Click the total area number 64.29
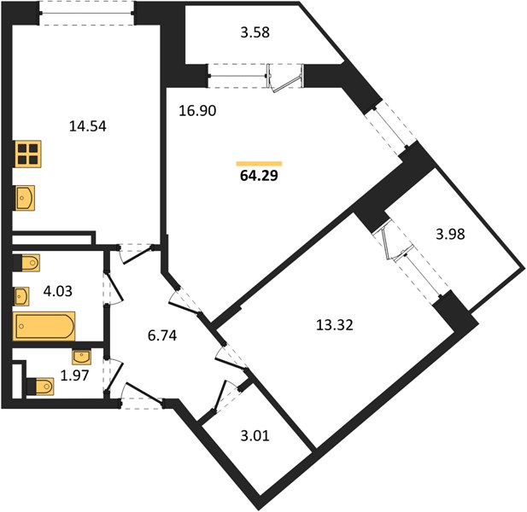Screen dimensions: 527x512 coord(259,176)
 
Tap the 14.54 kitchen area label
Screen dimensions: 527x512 coord(88,126)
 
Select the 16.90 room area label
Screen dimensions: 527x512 coord(197,111)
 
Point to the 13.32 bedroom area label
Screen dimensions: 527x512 coord(335,325)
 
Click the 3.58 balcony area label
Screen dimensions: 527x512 coord(255,33)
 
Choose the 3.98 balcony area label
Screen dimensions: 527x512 coord(450,234)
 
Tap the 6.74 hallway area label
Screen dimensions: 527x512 coord(162,335)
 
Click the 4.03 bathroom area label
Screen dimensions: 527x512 coord(58,291)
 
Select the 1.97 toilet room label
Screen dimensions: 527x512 coord(74,375)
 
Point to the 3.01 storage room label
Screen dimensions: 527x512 coord(255,436)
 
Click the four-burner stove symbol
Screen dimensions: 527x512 coord(28,154)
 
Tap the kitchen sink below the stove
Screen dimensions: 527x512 coord(25,198)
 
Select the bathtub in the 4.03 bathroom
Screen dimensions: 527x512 coord(44,326)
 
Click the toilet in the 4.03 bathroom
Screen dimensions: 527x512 coord(26,263)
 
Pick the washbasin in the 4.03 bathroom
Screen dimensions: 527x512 coord(21,296)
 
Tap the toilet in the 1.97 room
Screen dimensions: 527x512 coord(40,387)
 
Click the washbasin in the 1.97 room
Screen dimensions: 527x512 coord(81,357)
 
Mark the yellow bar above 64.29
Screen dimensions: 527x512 coord(259,164)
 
